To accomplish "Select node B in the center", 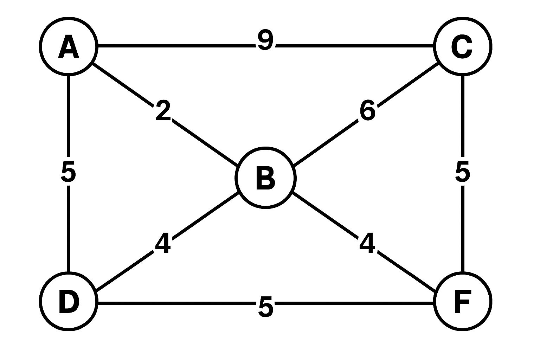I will point(265,178).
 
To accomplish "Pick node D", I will point(69,301).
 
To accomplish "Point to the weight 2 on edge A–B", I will point(163,111).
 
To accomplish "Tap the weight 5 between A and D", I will point(68,172).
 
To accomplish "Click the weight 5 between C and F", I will point(462,172).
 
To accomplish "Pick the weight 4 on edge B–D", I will point(163,243).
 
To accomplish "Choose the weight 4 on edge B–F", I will point(367,243).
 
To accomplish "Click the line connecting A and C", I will point(176,46).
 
